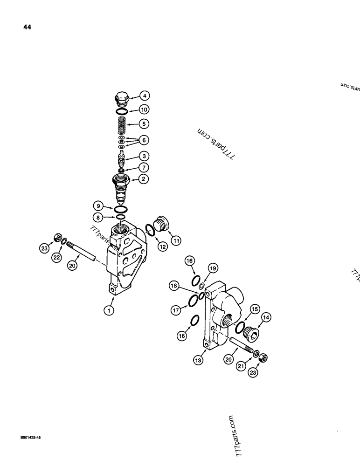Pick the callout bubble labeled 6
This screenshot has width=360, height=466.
coord(144,140)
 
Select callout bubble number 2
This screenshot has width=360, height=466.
coord(144,178)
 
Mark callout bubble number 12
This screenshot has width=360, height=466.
coord(162,247)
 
